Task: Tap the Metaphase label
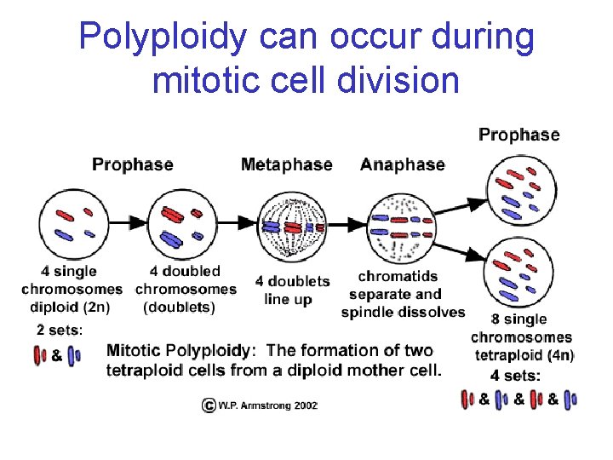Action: pos(286,164)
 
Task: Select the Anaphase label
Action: pos(402,164)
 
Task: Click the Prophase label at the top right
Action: pos(518,135)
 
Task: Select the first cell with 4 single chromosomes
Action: pos(73,223)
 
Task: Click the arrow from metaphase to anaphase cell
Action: pos(347,226)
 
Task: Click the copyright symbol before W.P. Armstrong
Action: pos(208,405)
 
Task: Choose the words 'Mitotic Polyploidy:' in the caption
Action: pos(180,350)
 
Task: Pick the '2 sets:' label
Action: pos(59,330)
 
